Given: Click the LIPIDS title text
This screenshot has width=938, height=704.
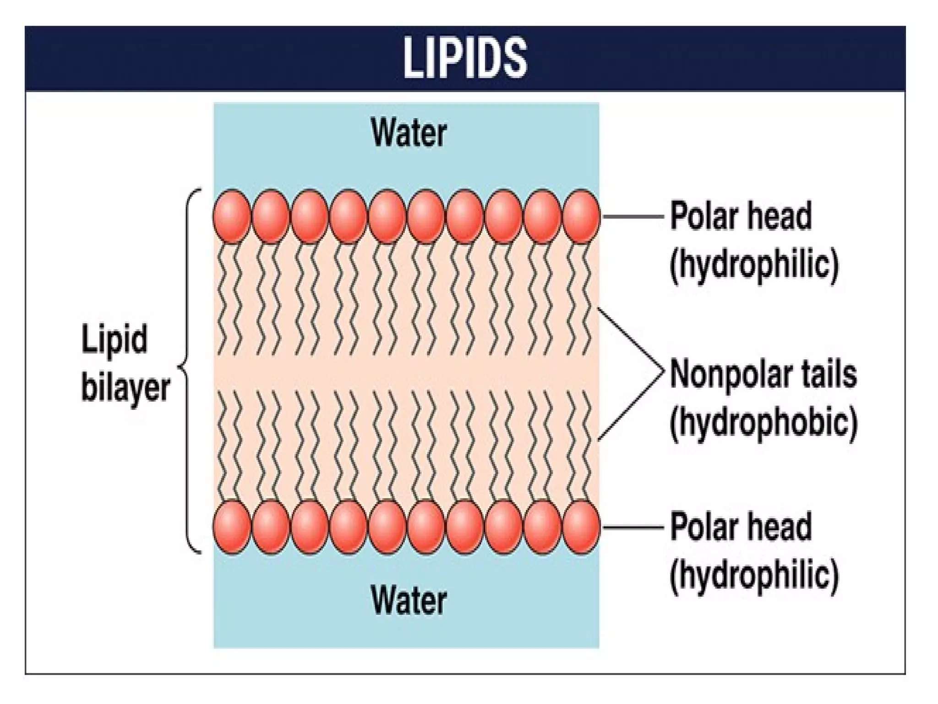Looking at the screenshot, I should point(465,58).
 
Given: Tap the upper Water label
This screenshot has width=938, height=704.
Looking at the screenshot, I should point(409,133).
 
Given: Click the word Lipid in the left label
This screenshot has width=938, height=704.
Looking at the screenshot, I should point(115,339).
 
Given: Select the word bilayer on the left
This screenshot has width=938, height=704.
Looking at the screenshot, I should point(125,389).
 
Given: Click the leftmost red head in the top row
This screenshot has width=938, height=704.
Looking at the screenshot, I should point(232,216).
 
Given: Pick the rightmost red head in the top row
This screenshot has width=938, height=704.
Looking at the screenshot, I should point(581,216).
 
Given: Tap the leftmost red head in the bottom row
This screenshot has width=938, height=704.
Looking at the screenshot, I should point(232,527).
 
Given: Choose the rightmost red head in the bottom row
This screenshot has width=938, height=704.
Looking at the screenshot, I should point(581,527).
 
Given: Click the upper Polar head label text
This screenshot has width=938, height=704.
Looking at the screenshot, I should point(741,215).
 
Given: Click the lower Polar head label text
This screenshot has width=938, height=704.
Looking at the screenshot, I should point(741,527).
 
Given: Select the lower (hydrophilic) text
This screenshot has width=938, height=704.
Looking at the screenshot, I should point(754,576).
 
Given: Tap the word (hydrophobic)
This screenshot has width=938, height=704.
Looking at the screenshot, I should point(763,423).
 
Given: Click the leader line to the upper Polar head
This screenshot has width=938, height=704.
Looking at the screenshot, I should point(633,216).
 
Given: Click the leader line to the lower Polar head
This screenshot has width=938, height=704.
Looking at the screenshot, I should point(633,527).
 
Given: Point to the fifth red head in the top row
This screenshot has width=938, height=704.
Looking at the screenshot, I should point(387,216).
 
